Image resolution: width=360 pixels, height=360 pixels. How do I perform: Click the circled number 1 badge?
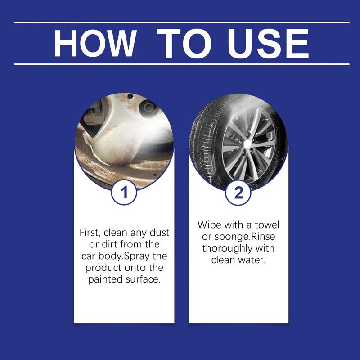pos(125,192)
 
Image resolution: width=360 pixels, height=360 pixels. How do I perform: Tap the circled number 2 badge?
pos(238,192)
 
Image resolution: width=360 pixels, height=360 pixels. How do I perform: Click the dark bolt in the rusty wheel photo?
pos(147,108)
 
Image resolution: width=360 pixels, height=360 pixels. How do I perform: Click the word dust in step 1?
pos(159,233)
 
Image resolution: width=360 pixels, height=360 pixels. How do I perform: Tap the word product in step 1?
pos(105,268)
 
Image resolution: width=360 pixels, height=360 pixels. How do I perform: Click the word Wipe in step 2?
pos(209,225)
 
